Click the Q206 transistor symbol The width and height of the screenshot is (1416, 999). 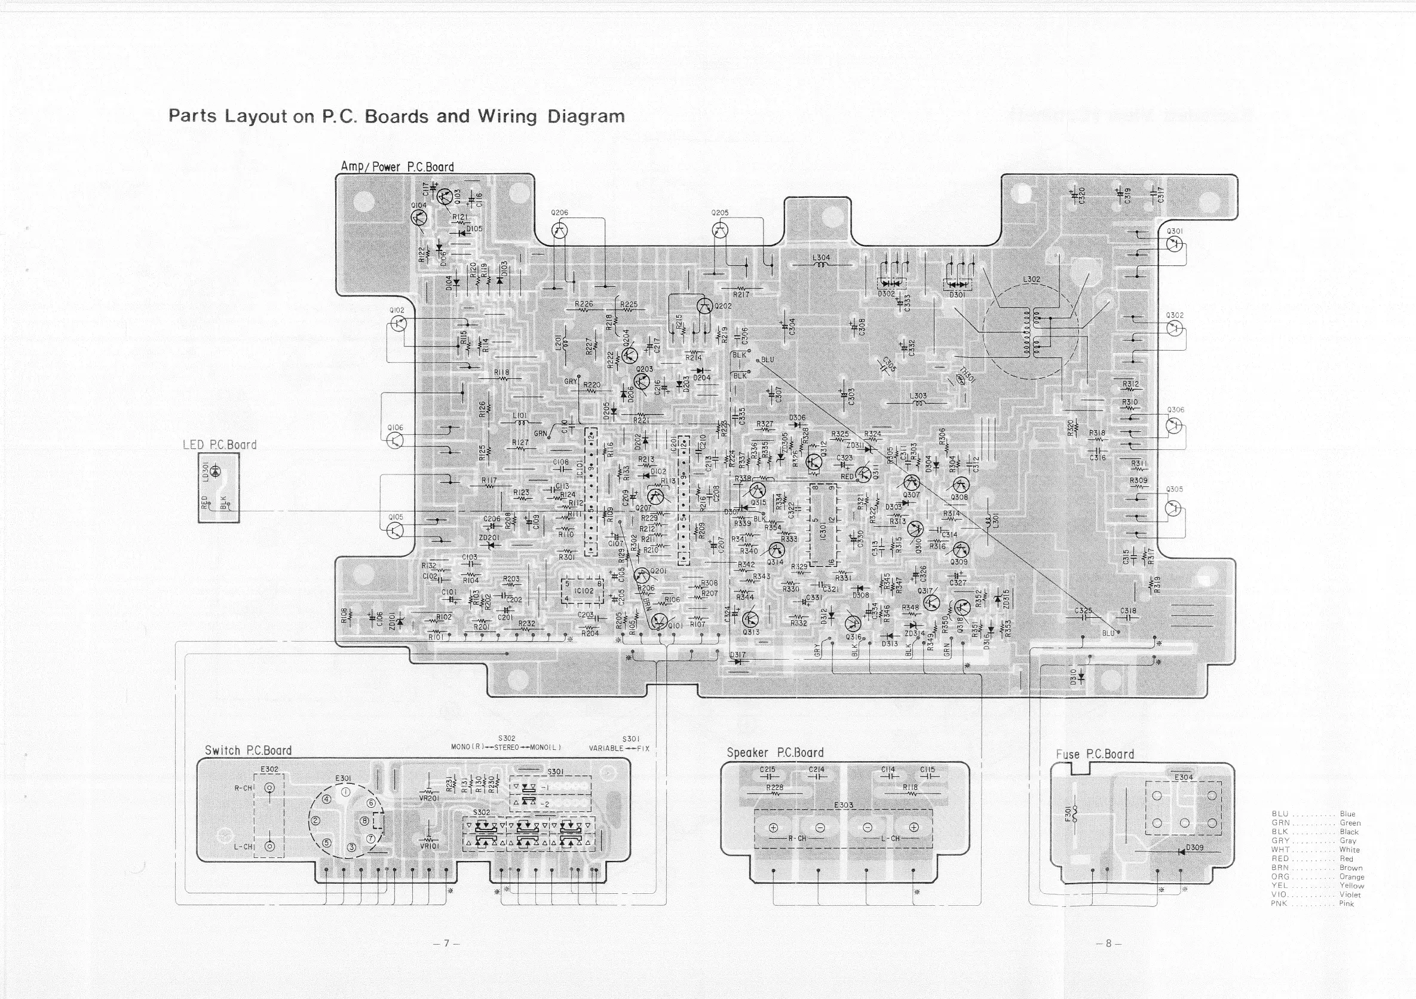point(559,231)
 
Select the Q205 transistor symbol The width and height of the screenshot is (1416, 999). point(720,231)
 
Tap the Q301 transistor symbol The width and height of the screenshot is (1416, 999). point(1174,244)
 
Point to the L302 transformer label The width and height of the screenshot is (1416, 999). point(1031,280)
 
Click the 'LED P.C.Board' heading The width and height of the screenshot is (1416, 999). point(219,445)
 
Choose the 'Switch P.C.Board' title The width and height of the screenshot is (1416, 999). point(248,750)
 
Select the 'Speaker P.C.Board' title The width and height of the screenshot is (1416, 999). point(774,752)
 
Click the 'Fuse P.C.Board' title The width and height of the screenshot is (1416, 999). point(1095,754)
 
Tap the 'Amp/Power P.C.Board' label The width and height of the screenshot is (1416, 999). point(397,167)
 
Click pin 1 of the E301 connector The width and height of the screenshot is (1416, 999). point(346,792)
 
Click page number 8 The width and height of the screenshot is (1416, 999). point(1108,943)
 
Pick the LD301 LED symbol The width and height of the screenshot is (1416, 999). point(214,471)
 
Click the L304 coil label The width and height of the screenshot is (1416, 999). point(821,258)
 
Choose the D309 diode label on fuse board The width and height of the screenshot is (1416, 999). point(1194,847)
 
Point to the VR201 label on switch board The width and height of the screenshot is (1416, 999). point(428,798)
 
